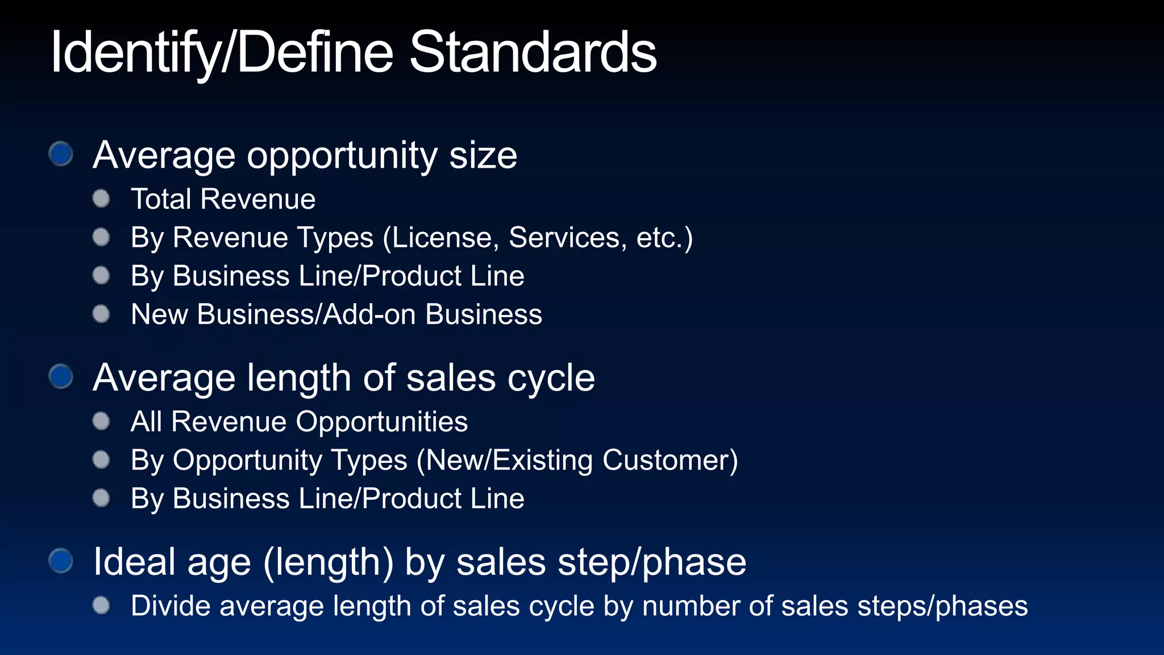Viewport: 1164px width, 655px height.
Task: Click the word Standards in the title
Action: point(533,52)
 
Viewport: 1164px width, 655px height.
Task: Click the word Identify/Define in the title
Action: point(222,52)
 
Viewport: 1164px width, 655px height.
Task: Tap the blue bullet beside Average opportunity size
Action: point(61,154)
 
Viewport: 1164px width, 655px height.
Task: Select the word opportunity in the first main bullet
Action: point(342,155)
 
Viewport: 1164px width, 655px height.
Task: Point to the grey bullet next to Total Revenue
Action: point(101,198)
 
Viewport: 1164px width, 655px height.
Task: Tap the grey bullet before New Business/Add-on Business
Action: point(101,314)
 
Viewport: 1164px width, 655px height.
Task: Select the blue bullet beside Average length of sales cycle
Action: point(61,376)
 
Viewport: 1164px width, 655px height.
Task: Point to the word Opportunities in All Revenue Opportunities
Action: point(381,422)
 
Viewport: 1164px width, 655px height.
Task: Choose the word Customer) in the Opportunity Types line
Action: point(670,460)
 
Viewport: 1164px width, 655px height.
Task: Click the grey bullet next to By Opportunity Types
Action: point(101,459)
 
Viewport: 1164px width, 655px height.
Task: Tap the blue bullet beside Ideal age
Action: point(61,561)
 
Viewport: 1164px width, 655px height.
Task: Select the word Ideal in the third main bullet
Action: point(134,562)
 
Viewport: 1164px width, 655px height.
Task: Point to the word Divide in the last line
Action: point(171,606)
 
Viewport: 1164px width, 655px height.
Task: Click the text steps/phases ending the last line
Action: point(942,607)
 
